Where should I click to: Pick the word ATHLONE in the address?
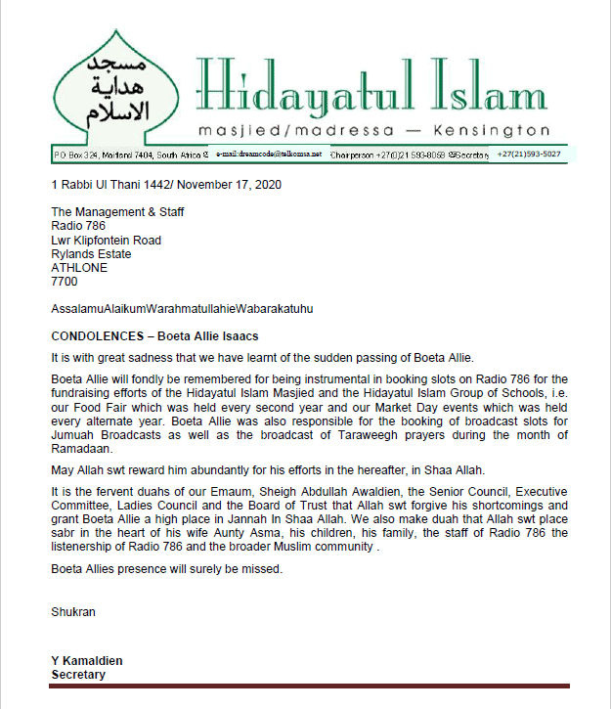[x=79, y=267]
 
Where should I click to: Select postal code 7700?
[x=64, y=281]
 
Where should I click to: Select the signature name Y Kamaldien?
[x=87, y=661]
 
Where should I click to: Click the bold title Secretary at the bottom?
[x=78, y=675]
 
